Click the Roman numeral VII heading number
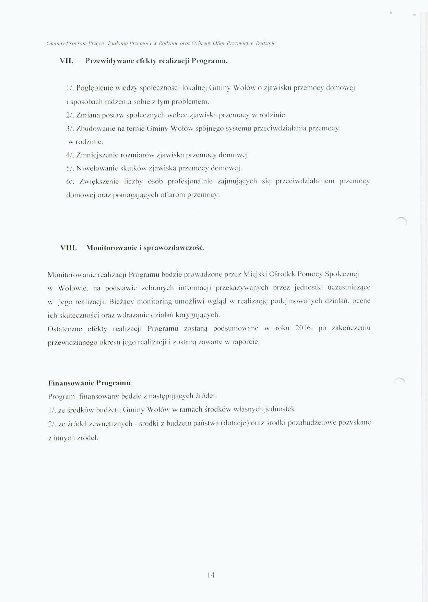coord(67,61)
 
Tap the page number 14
coord(211,575)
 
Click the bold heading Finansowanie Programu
coord(89,383)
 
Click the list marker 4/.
coord(70,155)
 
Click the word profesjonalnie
coord(190,181)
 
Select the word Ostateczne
coord(65,329)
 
